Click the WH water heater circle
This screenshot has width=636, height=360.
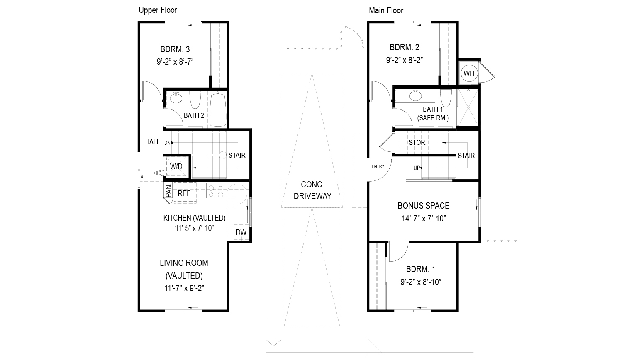click(468, 73)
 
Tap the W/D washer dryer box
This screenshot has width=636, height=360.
click(176, 166)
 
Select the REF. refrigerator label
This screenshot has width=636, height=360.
click(185, 193)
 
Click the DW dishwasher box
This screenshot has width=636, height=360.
click(241, 232)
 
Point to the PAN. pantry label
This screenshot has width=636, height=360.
click(169, 192)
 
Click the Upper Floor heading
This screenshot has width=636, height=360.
click(158, 10)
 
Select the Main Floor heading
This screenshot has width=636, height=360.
click(386, 10)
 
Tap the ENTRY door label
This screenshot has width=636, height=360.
click(378, 166)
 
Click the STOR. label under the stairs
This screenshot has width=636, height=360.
click(417, 142)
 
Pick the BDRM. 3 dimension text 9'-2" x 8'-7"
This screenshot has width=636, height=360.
click(175, 62)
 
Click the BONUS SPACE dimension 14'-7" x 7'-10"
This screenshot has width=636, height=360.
click(423, 219)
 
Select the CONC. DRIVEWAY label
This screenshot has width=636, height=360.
click(312, 190)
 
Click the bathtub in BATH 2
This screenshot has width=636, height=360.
click(218, 109)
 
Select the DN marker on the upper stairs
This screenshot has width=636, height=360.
click(168, 143)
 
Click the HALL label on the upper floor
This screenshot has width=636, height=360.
click(152, 141)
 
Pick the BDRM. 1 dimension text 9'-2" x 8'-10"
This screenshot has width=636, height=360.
click(421, 282)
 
